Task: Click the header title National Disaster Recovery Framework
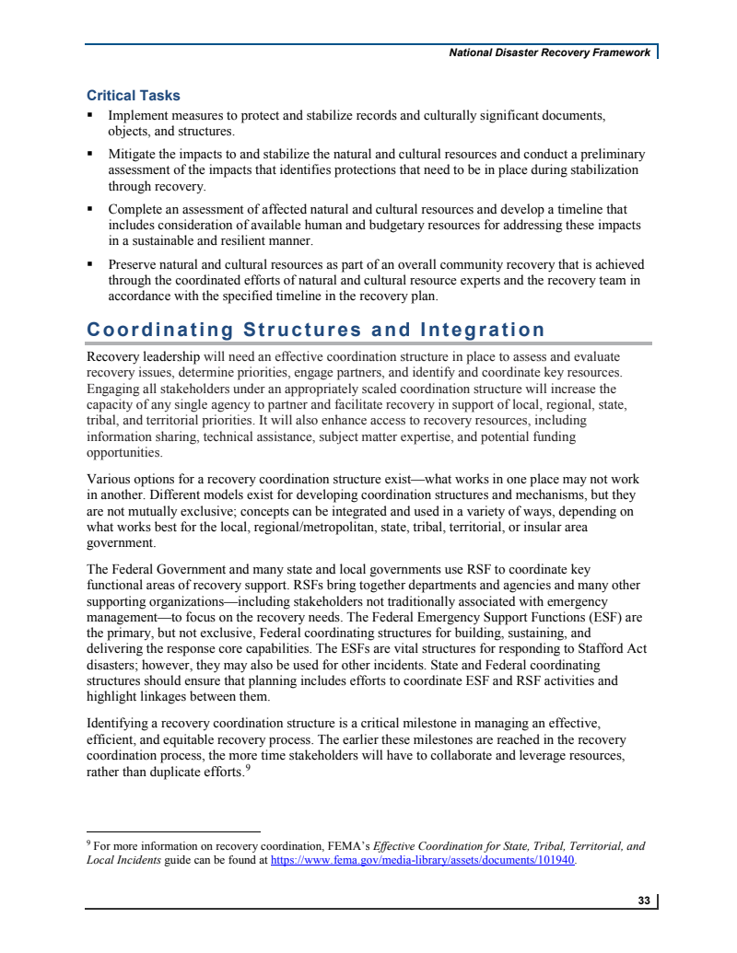[x=549, y=52]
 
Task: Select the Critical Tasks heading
[x=133, y=96]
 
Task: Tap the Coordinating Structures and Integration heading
[x=315, y=330]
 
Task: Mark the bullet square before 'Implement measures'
[x=90, y=116]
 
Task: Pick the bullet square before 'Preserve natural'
[x=90, y=264]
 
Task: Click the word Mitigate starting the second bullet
[x=135, y=155]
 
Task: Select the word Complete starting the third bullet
[x=136, y=210]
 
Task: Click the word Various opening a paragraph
[x=109, y=480]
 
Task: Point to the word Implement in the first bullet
[x=139, y=116]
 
